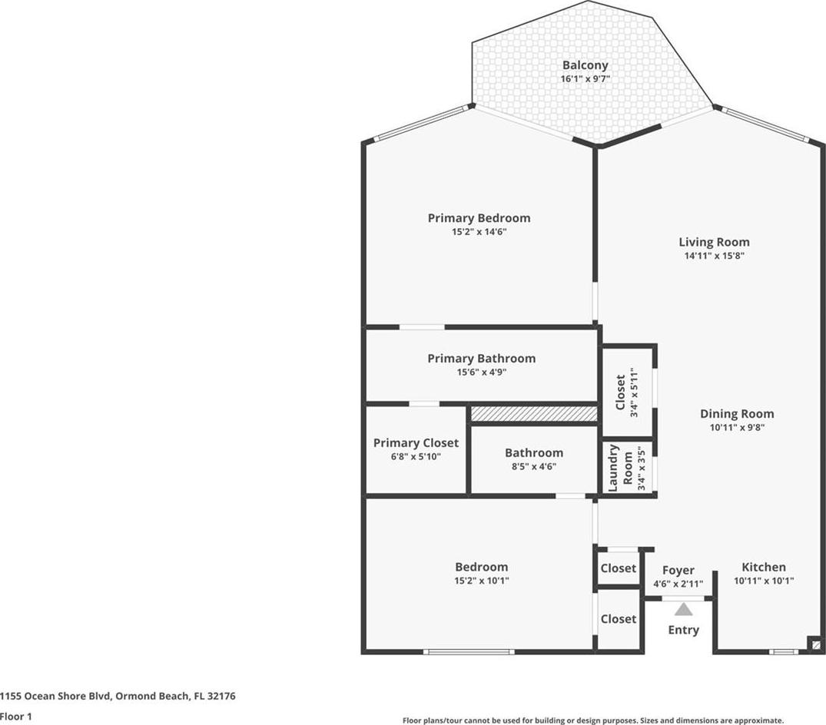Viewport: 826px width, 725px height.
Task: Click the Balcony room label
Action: [x=585, y=65]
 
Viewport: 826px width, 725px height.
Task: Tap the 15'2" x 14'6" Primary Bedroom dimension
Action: [x=479, y=232]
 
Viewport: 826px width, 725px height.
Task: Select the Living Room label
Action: [x=714, y=242]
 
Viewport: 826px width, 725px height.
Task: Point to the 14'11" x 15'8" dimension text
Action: [x=714, y=256]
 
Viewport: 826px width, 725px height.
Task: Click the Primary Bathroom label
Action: [x=482, y=359]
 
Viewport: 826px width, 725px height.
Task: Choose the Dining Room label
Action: [x=736, y=414]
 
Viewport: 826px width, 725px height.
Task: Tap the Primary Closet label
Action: [x=416, y=443]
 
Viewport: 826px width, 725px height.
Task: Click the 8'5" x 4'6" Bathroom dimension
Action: [x=534, y=466]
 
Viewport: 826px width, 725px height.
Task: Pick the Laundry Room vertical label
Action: [x=620, y=468]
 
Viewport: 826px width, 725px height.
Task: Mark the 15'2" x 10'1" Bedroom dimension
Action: [x=482, y=581]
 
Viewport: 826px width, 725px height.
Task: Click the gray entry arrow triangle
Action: [x=684, y=610]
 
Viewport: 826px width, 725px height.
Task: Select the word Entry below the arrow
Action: [x=684, y=631]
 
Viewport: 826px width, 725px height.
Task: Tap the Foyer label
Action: [x=678, y=570]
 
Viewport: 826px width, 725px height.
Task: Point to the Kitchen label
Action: [x=764, y=567]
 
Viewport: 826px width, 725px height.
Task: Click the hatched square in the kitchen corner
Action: [x=815, y=644]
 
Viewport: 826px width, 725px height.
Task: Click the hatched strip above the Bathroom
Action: [x=534, y=414]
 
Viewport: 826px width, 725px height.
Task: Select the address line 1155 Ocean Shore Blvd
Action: [x=118, y=696]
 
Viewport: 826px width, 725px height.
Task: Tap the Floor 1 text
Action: [x=16, y=717]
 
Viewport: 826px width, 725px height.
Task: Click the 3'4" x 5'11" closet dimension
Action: [x=634, y=392]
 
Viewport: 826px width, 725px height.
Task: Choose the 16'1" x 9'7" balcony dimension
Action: [x=585, y=79]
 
